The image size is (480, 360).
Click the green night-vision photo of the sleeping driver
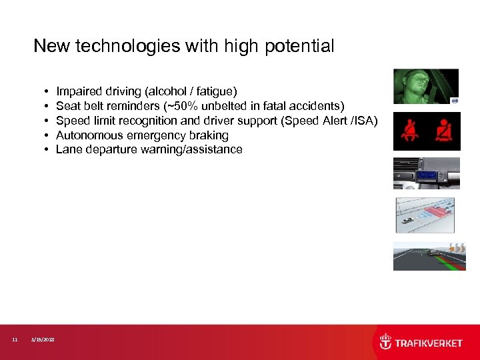(x=425, y=86)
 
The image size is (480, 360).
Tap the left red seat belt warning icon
(x=409, y=131)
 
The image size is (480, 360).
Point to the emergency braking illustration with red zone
(x=425, y=215)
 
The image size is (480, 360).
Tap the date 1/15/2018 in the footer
(x=43, y=340)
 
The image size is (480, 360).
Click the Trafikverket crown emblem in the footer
(x=385, y=342)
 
